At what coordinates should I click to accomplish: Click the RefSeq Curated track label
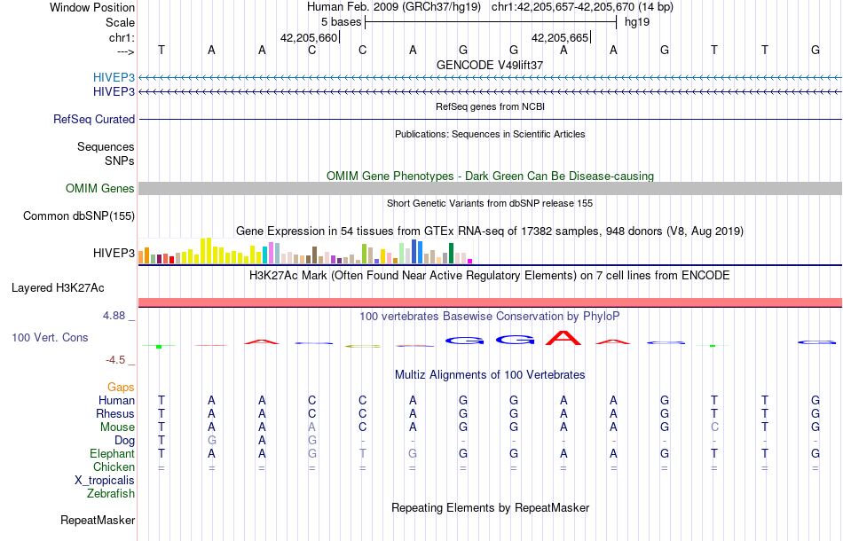click(x=94, y=119)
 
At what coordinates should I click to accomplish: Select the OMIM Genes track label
click(x=100, y=188)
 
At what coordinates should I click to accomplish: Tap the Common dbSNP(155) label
click(x=79, y=216)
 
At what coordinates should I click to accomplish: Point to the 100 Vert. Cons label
click(x=50, y=338)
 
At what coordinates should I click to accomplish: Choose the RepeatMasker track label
click(x=98, y=520)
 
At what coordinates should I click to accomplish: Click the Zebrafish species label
click(x=111, y=493)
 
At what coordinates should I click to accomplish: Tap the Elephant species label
click(x=112, y=453)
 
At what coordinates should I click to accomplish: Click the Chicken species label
click(x=114, y=467)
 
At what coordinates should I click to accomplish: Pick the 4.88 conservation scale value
click(x=117, y=315)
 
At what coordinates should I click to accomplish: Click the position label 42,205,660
click(x=309, y=38)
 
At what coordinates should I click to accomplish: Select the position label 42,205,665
click(x=560, y=38)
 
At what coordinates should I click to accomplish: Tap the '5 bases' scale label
click(x=342, y=22)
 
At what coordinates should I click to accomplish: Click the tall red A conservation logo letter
click(x=563, y=337)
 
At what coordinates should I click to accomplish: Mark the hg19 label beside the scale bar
click(x=637, y=22)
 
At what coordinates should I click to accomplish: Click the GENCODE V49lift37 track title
click(x=490, y=66)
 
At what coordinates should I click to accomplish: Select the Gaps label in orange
click(x=121, y=387)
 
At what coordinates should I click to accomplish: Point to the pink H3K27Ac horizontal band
click(x=490, y=302)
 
